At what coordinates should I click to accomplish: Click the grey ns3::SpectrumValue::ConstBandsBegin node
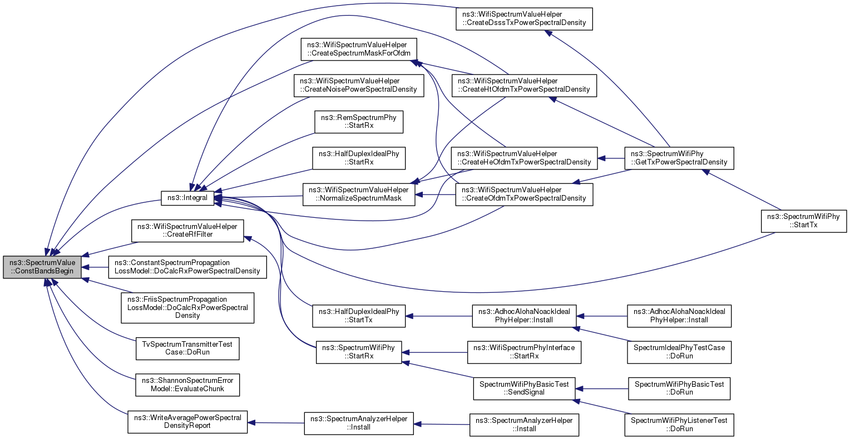click(x=42, y=267)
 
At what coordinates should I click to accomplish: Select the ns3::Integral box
click(x=187, y=198)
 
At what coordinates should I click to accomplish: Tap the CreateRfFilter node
click(x=187, y=231)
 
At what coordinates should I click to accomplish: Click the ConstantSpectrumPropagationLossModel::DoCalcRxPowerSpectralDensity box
click(x=187, y=267)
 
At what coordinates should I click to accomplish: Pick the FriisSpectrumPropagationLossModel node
click(x=187, y=307)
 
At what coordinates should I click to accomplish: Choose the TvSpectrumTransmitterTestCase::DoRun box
click(x=187, y=348)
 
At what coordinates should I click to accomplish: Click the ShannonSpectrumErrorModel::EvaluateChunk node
click(x=187, y=385)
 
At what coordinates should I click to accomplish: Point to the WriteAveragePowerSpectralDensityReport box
click(x=187, y=422)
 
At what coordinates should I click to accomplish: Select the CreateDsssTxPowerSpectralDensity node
click(x=524, y=18)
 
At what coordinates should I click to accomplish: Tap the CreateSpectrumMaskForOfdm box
click(x=359, y=49)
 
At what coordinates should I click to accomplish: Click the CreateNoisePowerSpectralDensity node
click(x=359, y=85)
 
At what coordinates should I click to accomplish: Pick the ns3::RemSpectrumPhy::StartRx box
click(x=359, y=122)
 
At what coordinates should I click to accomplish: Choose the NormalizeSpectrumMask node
click(x=359, y=194)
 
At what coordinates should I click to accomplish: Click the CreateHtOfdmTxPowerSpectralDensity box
click(x=524, y=85)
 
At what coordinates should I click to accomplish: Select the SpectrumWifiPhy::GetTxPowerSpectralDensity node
click(x=679, y=158)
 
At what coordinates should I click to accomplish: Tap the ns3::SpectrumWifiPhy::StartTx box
click(x=804, y=221)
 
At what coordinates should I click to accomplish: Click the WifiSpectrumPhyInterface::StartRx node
click(x=524, y=352)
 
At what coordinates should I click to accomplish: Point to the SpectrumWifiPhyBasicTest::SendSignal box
click(x=524, y=388)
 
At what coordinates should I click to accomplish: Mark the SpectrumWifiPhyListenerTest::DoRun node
click(x=679, y=425)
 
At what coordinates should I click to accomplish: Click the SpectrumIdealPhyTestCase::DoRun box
click(x=679, y=352)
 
